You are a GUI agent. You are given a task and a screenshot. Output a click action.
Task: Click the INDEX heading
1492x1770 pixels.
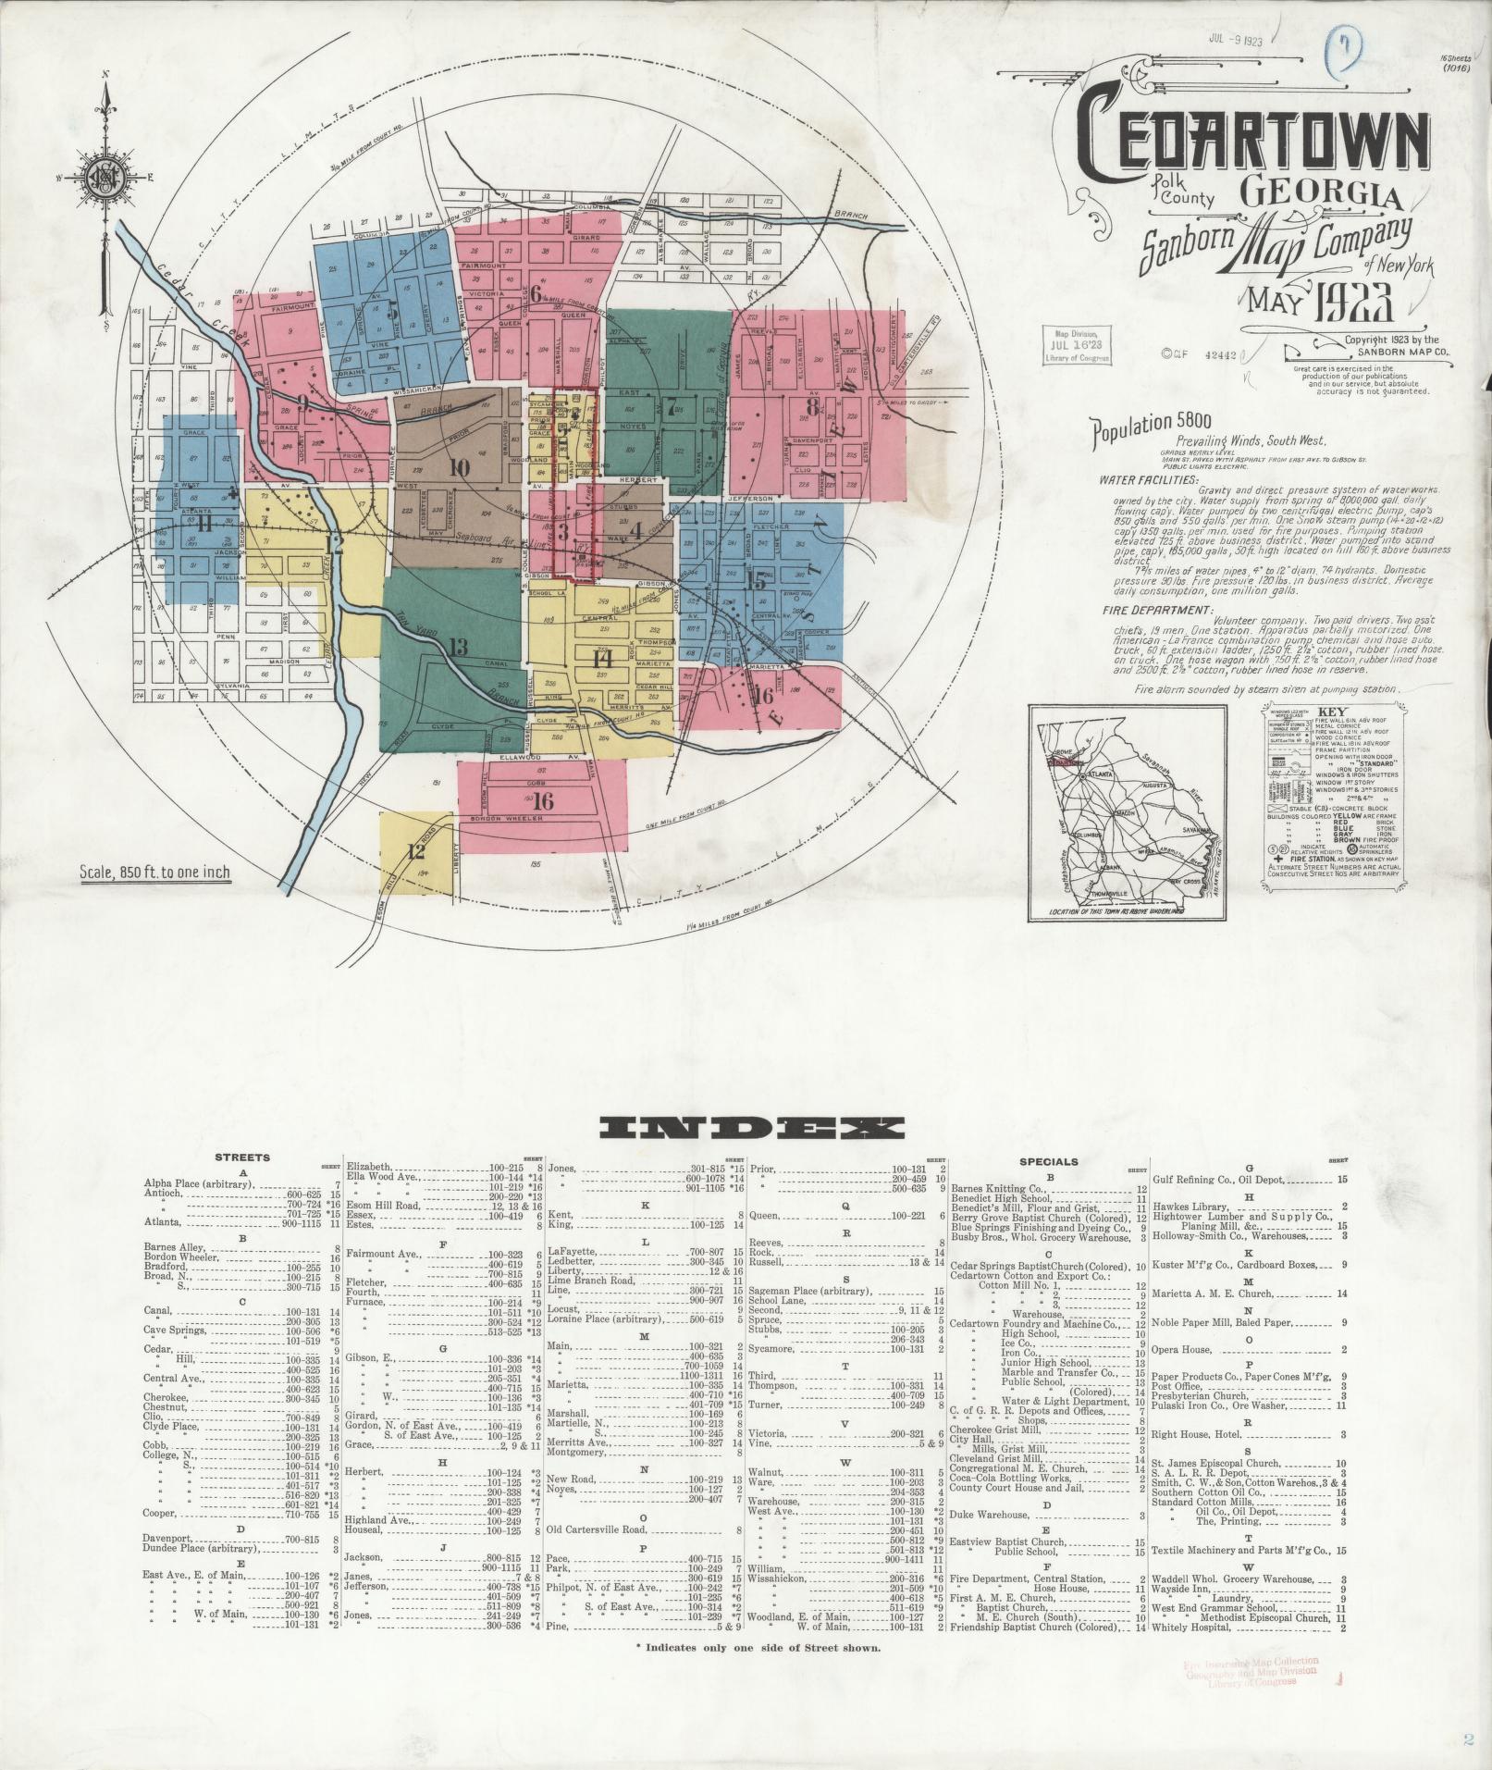(751, 1127)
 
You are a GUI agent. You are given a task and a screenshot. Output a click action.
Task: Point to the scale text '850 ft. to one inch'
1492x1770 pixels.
(154, 872)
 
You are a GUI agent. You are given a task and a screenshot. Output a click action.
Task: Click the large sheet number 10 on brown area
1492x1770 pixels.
(457, 468)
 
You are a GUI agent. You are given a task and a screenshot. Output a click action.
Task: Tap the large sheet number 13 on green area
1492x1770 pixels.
(457, 646)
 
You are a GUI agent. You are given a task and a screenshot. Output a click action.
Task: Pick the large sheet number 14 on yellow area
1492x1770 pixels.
(602, 659)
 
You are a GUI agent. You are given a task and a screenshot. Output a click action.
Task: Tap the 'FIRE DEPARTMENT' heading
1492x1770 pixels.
(1157, 611)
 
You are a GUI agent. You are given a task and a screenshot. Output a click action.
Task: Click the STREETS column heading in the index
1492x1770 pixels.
(242, 1157)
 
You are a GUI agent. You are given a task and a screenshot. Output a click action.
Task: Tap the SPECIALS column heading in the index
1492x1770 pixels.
(1048, 1161)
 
